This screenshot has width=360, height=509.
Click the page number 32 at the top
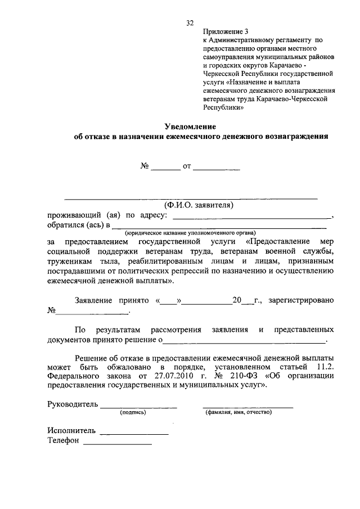(x=190, y=23)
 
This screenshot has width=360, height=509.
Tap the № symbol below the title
(x=145, y=166)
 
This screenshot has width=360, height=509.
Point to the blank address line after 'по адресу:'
(x=252, y=216)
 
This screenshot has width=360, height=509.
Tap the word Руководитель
(x=73, y=404)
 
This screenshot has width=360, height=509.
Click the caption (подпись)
(x=133, y=412)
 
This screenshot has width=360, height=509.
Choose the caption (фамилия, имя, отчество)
(x=239, y=412)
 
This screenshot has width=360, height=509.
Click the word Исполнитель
(x=72, y=431)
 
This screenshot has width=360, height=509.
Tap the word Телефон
(x=64, y=441)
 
